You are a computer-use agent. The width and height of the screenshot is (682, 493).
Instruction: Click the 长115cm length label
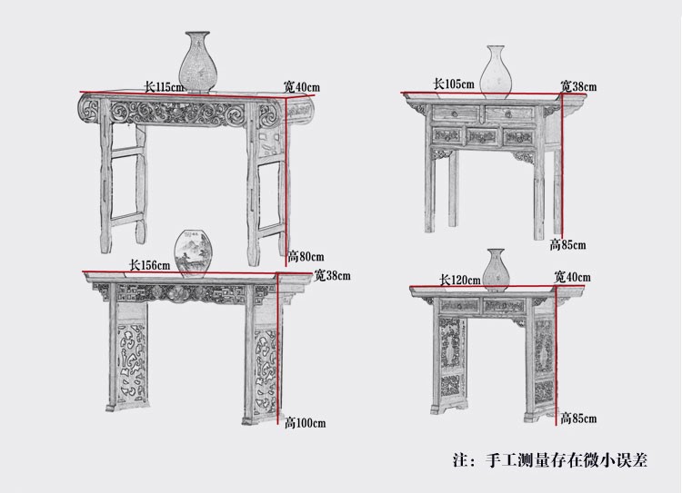point(164,87)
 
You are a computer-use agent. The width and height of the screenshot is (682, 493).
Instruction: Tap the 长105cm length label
point(453,84)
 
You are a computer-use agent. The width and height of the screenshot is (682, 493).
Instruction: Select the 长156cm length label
point(150,265)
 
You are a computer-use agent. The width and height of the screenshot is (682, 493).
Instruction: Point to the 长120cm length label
point(459,281)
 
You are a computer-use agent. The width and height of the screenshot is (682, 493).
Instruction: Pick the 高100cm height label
point(305,423)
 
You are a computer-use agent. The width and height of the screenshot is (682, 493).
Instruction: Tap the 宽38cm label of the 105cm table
point(578,87)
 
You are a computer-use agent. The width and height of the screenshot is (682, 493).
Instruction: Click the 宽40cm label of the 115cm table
point(301,87)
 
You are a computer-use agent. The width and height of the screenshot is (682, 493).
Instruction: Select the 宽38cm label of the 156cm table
point(333,274)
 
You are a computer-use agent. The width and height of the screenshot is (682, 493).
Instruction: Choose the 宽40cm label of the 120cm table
point(573,276)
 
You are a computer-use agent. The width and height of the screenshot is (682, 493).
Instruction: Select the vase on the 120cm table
point(496,268)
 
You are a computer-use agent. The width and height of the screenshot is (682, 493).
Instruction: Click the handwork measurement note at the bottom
point(550,460)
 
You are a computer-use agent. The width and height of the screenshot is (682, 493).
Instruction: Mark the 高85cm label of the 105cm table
point(567,244)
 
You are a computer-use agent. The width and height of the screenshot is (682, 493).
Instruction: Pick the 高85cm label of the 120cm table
point(578,419)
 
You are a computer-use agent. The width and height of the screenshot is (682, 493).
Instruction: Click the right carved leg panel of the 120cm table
point(544,363)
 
